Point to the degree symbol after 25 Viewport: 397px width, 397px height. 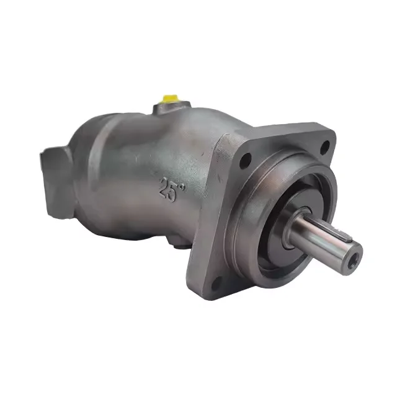[x=182, y=187]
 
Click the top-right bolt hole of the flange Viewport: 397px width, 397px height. [x=325, y=147]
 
